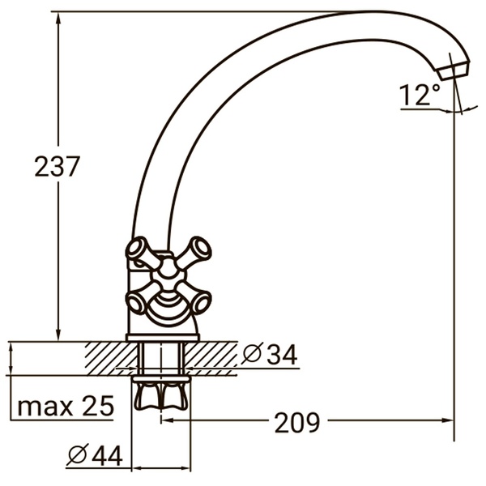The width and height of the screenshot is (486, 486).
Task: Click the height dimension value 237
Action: [x=57, y=167]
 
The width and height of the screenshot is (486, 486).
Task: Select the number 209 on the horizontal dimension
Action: [x=296, y=422]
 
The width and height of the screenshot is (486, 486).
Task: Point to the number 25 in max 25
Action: [x=97, y=405]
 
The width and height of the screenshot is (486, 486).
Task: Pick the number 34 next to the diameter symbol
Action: [x=280, y=354]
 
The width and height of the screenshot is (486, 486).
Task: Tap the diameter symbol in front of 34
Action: [x=251, y=354]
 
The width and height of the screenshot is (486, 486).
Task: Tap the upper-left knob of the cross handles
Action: [x=139, y=248]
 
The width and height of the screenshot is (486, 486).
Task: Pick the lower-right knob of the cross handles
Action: [x=200, y=302]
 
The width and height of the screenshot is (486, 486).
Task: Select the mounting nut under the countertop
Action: [x=162, y=394]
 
